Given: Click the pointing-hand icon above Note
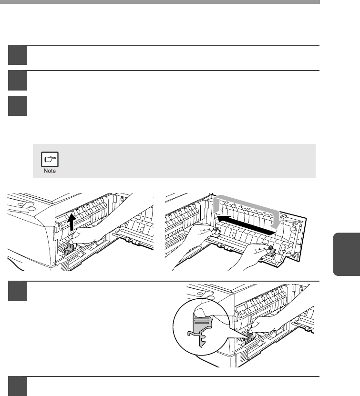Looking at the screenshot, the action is coord(50,159).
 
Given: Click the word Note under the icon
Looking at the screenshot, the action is coord(50,171).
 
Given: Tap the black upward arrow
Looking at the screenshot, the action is coord(71,222).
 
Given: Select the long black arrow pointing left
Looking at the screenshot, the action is coord(247,224).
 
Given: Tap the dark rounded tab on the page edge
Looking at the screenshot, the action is coord(347,254).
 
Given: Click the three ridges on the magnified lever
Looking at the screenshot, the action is coord(202,321).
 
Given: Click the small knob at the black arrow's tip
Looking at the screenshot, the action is coord(216,230).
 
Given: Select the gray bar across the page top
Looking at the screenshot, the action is coord(160,2).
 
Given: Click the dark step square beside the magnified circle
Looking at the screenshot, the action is coord(18,291).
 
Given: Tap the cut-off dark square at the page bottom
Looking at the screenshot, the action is coord(18,386).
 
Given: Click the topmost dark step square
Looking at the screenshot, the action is coord(18,55).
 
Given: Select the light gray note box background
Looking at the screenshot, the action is coord(174,161).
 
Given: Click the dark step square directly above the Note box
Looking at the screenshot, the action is coord(18,106).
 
